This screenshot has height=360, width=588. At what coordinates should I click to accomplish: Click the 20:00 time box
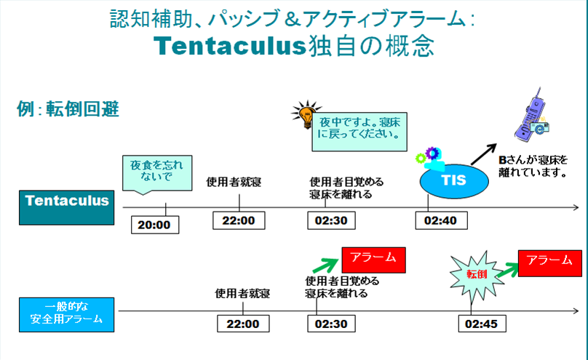point(155,225)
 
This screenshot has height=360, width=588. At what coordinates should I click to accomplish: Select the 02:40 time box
point(442,220)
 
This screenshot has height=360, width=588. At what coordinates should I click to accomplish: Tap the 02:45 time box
point(482,324)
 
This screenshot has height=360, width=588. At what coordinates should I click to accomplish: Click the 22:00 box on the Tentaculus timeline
point(239,220)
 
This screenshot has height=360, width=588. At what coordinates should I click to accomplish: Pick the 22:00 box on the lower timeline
point(243,324)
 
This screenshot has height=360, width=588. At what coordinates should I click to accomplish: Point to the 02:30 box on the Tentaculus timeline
point(332,220)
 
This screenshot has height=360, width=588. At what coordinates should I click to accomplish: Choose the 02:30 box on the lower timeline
point(332,324)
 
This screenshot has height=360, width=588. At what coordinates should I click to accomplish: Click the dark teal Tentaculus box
point(67,207)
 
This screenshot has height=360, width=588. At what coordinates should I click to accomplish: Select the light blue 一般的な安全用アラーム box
point(67,315)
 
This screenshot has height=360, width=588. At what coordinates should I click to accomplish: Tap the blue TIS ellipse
point(454,181)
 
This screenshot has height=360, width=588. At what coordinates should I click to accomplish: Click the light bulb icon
point(306,114)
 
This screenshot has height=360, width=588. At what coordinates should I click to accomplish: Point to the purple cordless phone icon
point(531,116)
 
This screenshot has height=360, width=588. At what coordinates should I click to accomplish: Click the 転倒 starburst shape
point(477,276)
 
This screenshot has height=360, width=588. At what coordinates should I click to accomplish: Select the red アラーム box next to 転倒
point(549,263)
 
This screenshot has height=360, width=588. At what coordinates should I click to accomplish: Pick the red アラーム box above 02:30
point(373,260)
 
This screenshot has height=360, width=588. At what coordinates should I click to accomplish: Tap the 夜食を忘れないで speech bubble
point(157,173)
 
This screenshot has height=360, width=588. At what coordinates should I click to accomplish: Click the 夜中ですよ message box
point(359,132)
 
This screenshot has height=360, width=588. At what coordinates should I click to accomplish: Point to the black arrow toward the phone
point(484,154)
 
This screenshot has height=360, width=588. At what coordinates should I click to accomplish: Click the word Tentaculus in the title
point(230,47)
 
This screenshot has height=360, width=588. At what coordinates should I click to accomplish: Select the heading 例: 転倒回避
point(68,109)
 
